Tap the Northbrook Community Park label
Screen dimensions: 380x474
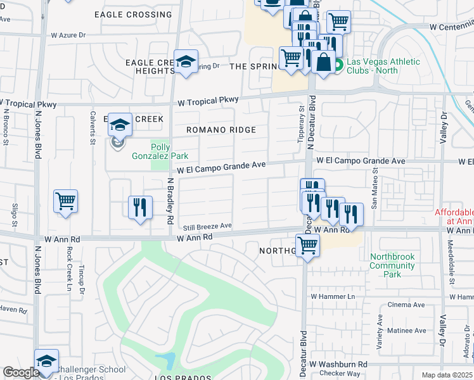393,265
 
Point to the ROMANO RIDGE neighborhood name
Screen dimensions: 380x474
221,130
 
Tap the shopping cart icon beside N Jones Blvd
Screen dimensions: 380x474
66,202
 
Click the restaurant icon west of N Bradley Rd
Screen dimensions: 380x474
140,207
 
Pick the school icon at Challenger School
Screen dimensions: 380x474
46,361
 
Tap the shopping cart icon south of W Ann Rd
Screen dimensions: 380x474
307,244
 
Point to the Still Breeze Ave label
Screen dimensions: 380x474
207,225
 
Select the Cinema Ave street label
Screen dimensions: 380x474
406,305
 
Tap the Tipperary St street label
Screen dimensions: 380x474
301,124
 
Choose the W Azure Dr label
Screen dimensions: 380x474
63,35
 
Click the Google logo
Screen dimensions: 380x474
21,372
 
